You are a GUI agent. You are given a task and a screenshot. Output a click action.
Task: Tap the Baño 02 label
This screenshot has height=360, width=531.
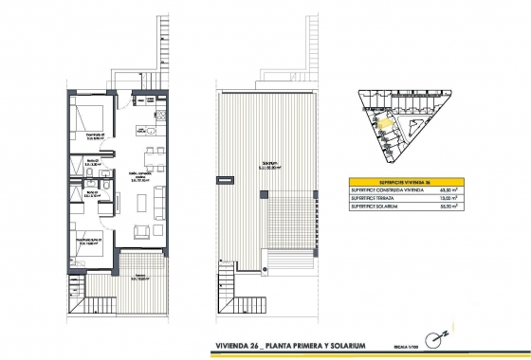[92, 163]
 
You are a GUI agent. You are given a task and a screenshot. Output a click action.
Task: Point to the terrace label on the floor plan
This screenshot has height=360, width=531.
[139, 278]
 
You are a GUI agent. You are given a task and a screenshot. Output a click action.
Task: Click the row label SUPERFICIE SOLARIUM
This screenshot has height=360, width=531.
[384, 207]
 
